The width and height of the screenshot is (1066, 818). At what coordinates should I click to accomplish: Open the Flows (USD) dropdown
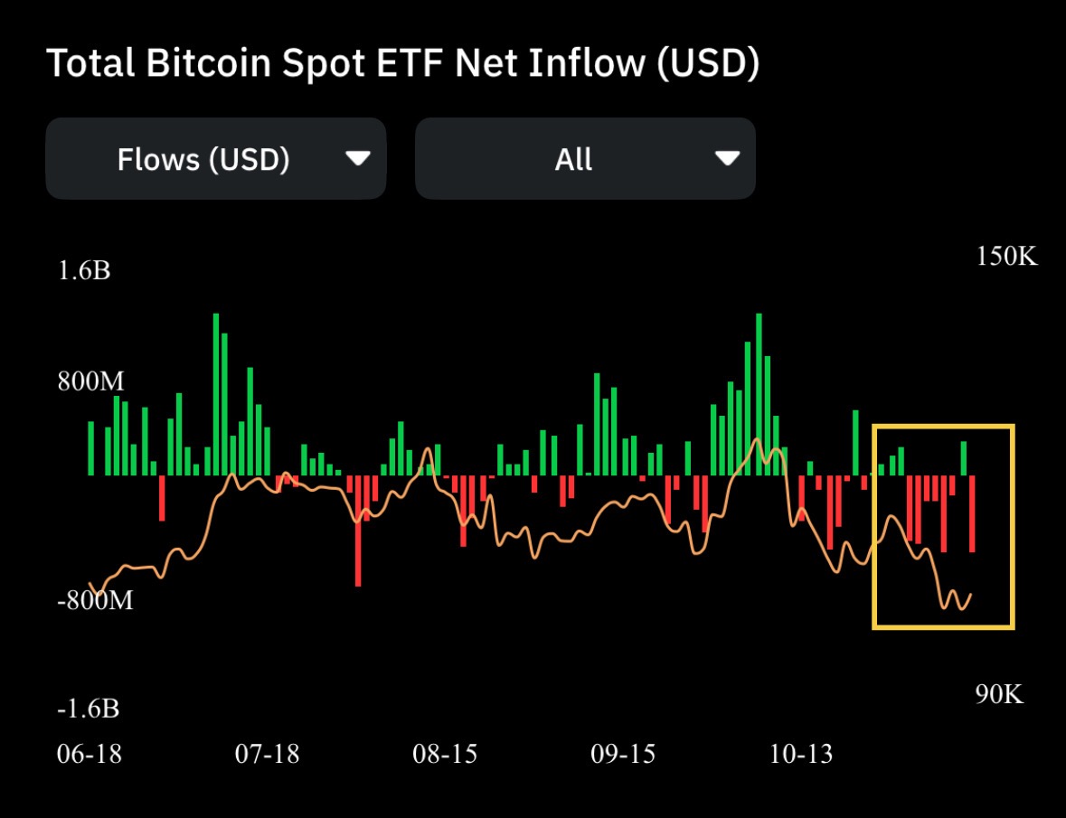point(215,159)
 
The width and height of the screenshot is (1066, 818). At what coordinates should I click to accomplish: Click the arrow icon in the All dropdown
point(727,159)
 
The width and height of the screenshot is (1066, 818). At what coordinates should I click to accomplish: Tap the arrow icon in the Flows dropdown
point(358,159)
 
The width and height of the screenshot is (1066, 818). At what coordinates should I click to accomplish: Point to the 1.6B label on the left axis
point(84,270)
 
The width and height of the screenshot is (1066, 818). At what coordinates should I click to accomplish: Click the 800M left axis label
point(90,381)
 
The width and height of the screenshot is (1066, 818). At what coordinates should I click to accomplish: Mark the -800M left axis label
point(94,600)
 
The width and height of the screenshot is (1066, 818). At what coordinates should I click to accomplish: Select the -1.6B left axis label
point(88,709)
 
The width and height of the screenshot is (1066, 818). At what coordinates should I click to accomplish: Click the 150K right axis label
point(1006,257)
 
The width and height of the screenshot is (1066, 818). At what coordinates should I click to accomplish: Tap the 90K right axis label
point(999,694)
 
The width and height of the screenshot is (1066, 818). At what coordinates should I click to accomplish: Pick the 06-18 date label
point(88,754)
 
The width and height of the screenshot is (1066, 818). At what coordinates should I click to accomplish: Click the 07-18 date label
point(266,754)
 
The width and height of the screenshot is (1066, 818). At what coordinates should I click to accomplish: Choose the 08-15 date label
point(445,754)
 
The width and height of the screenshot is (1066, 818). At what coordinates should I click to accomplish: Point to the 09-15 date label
point(623,754)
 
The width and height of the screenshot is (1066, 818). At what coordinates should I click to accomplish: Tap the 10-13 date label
point(801,754)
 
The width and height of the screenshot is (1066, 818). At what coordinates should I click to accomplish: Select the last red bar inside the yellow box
point(973,513)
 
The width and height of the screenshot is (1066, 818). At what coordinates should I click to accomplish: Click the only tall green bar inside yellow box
point(964,458)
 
